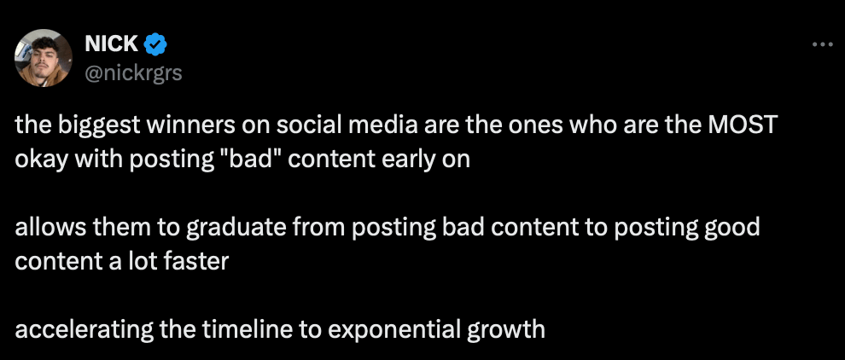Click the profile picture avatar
click(44, 58)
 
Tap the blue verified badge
click(155, 44)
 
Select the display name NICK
click(112, 44)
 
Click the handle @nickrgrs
click(134, 73)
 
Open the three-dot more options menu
click(822, 44)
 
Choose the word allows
click(44, 228)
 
